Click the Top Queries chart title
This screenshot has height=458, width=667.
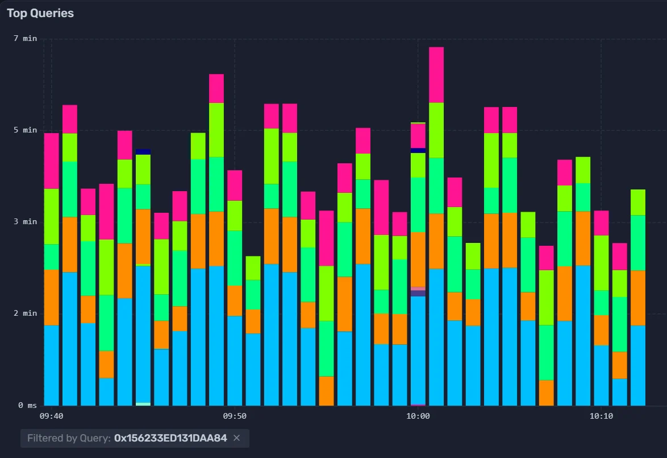(x=40, y=13)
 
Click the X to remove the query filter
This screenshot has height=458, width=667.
(x=237, y=438)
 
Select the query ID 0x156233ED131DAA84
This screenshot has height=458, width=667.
(x=170, y=438)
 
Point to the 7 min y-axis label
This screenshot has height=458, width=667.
(x=25, y=38)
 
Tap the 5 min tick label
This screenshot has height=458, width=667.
(x=25, y=130)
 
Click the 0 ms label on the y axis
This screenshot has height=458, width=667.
(x=27, y=405)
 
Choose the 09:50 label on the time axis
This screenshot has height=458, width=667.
(x=235, y=416)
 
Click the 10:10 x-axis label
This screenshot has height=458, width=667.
(x=601, y=416)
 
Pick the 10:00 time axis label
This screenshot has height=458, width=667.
(x=418, y=416)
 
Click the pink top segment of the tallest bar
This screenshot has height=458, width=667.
(x=436, y=75)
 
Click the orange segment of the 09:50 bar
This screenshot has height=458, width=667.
(x=235, y=300)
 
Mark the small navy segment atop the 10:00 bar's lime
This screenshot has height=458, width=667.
(x=418, y=150)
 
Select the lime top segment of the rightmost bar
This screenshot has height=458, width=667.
(x=638, y=202)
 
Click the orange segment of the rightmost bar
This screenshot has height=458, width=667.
(x=638, y=298)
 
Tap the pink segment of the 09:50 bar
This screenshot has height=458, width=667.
(x=235, y=185)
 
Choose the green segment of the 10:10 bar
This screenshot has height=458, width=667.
(x=601, y=303)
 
